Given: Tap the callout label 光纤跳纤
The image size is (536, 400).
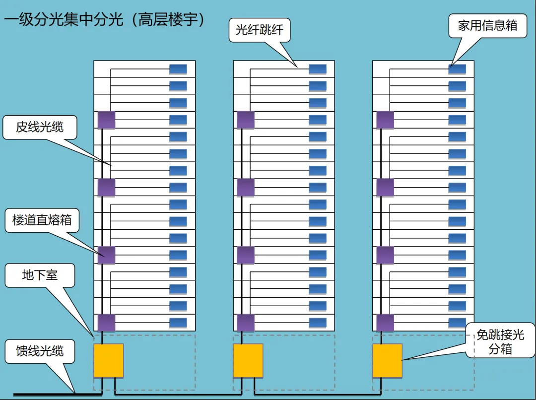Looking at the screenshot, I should coord(259,30).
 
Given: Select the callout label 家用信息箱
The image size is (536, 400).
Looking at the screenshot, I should coord(487,26).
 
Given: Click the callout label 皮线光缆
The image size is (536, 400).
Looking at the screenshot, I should coord(40,127).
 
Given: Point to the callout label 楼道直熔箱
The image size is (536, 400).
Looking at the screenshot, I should coord(42,220).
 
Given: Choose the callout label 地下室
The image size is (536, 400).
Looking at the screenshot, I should coord(40,275).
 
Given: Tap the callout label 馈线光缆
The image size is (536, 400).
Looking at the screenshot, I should coord(40,351).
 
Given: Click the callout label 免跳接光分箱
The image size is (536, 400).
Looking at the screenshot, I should coord(500,342).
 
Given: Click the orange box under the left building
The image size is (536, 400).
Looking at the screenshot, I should coord(108,361).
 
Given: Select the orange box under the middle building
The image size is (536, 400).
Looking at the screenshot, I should coord(248,361).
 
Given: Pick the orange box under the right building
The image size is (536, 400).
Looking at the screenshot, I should coord(388,361).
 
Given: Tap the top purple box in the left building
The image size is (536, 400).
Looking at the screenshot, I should coord(106,120).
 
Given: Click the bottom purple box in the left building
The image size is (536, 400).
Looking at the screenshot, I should coord(106,323).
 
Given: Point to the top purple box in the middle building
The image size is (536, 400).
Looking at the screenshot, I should coord(246,120).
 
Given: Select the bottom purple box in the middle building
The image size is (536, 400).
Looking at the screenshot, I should coord(246,323).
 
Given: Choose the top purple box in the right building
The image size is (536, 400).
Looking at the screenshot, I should coord(385,120).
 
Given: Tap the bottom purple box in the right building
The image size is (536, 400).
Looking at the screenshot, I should coord(385,323).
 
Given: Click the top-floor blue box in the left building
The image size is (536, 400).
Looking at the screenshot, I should coord(178,69).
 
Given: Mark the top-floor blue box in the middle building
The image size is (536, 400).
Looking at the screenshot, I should coord(318,69).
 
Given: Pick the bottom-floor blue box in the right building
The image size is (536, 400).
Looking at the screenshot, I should coord(457,323).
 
